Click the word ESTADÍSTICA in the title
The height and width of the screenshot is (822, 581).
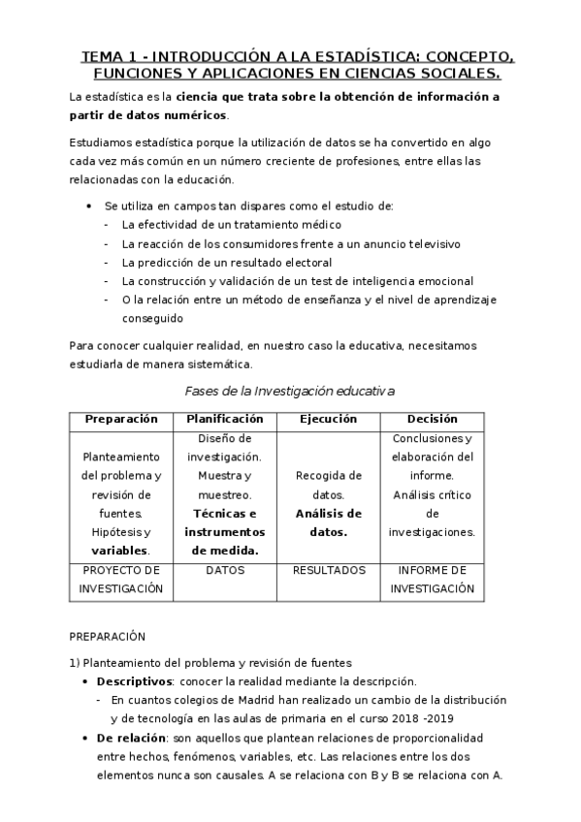point(367,56)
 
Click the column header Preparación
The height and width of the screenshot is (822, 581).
point(121,419)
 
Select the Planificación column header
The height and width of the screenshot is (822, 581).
point(225,419)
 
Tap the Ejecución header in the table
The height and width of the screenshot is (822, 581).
point(328,419)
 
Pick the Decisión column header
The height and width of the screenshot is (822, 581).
point(432,419)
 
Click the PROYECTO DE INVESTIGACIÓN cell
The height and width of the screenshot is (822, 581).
point(121,579)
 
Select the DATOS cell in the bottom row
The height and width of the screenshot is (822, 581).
point(225,570)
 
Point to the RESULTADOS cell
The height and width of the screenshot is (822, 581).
point(328,570)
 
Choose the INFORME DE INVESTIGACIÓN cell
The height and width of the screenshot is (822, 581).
point(432,579)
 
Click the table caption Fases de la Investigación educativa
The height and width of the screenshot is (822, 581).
point(289,391)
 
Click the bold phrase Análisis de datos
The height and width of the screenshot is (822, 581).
point(328,522)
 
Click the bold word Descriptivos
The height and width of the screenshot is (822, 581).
point(134,680)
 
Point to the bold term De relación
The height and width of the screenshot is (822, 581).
point(131,738)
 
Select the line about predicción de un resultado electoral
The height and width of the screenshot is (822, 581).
point(227,262)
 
